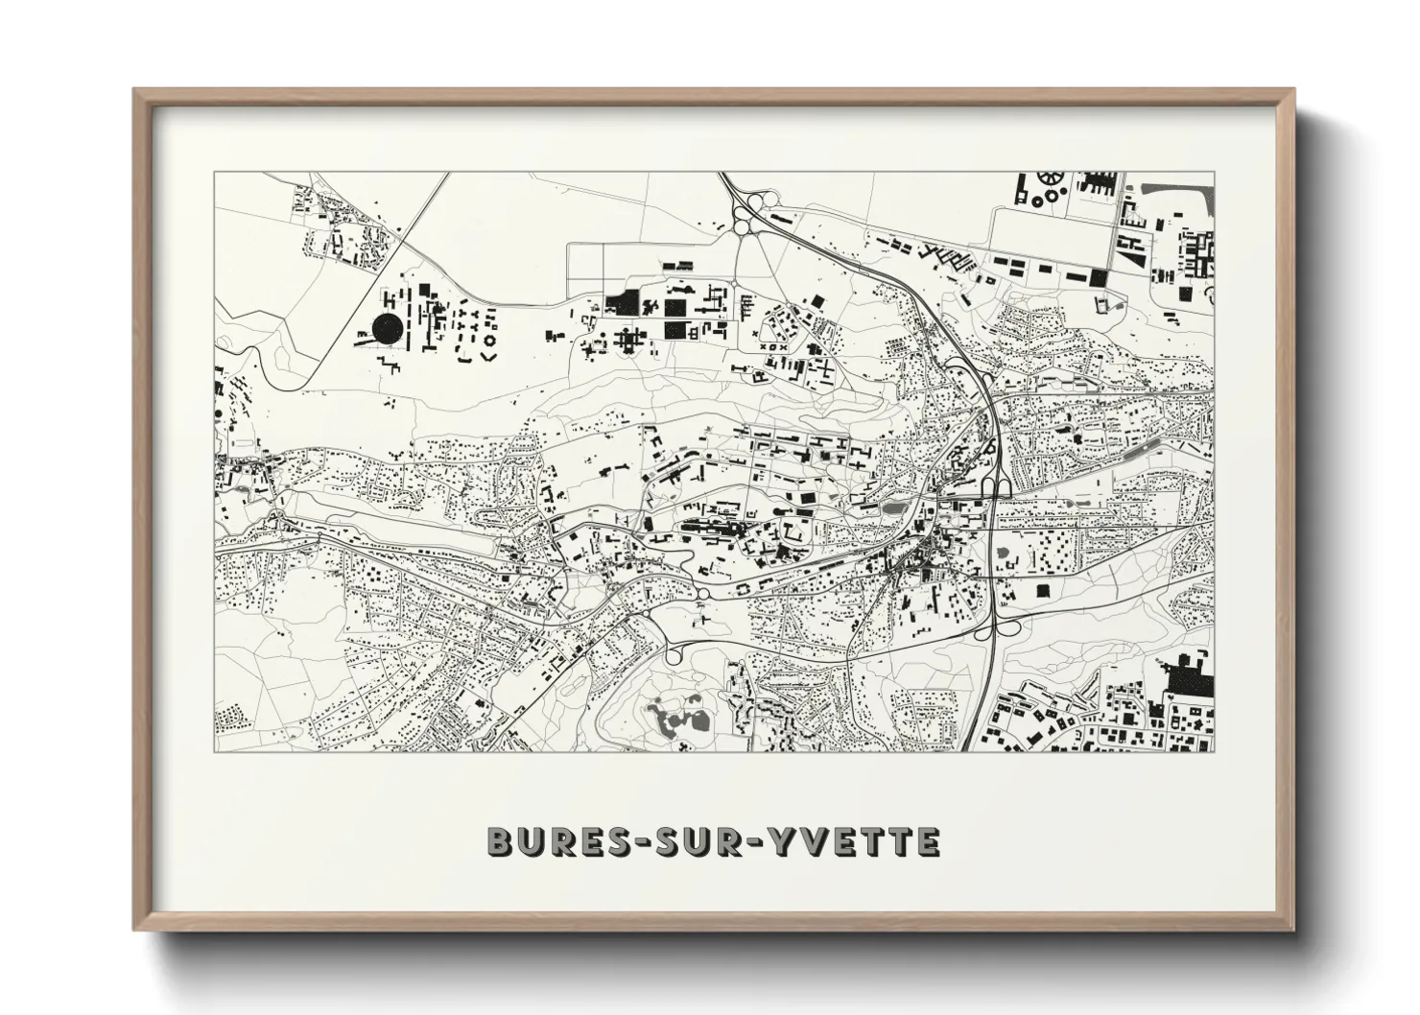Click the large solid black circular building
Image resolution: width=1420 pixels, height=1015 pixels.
point(389,329)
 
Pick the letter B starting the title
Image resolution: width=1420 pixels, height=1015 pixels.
point(500,841)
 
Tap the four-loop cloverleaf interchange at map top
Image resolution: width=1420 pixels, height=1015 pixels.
point(754,213)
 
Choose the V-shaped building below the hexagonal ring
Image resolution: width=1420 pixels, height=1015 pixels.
point(488,356)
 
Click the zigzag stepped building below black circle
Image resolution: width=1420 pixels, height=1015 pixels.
point(390,364)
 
